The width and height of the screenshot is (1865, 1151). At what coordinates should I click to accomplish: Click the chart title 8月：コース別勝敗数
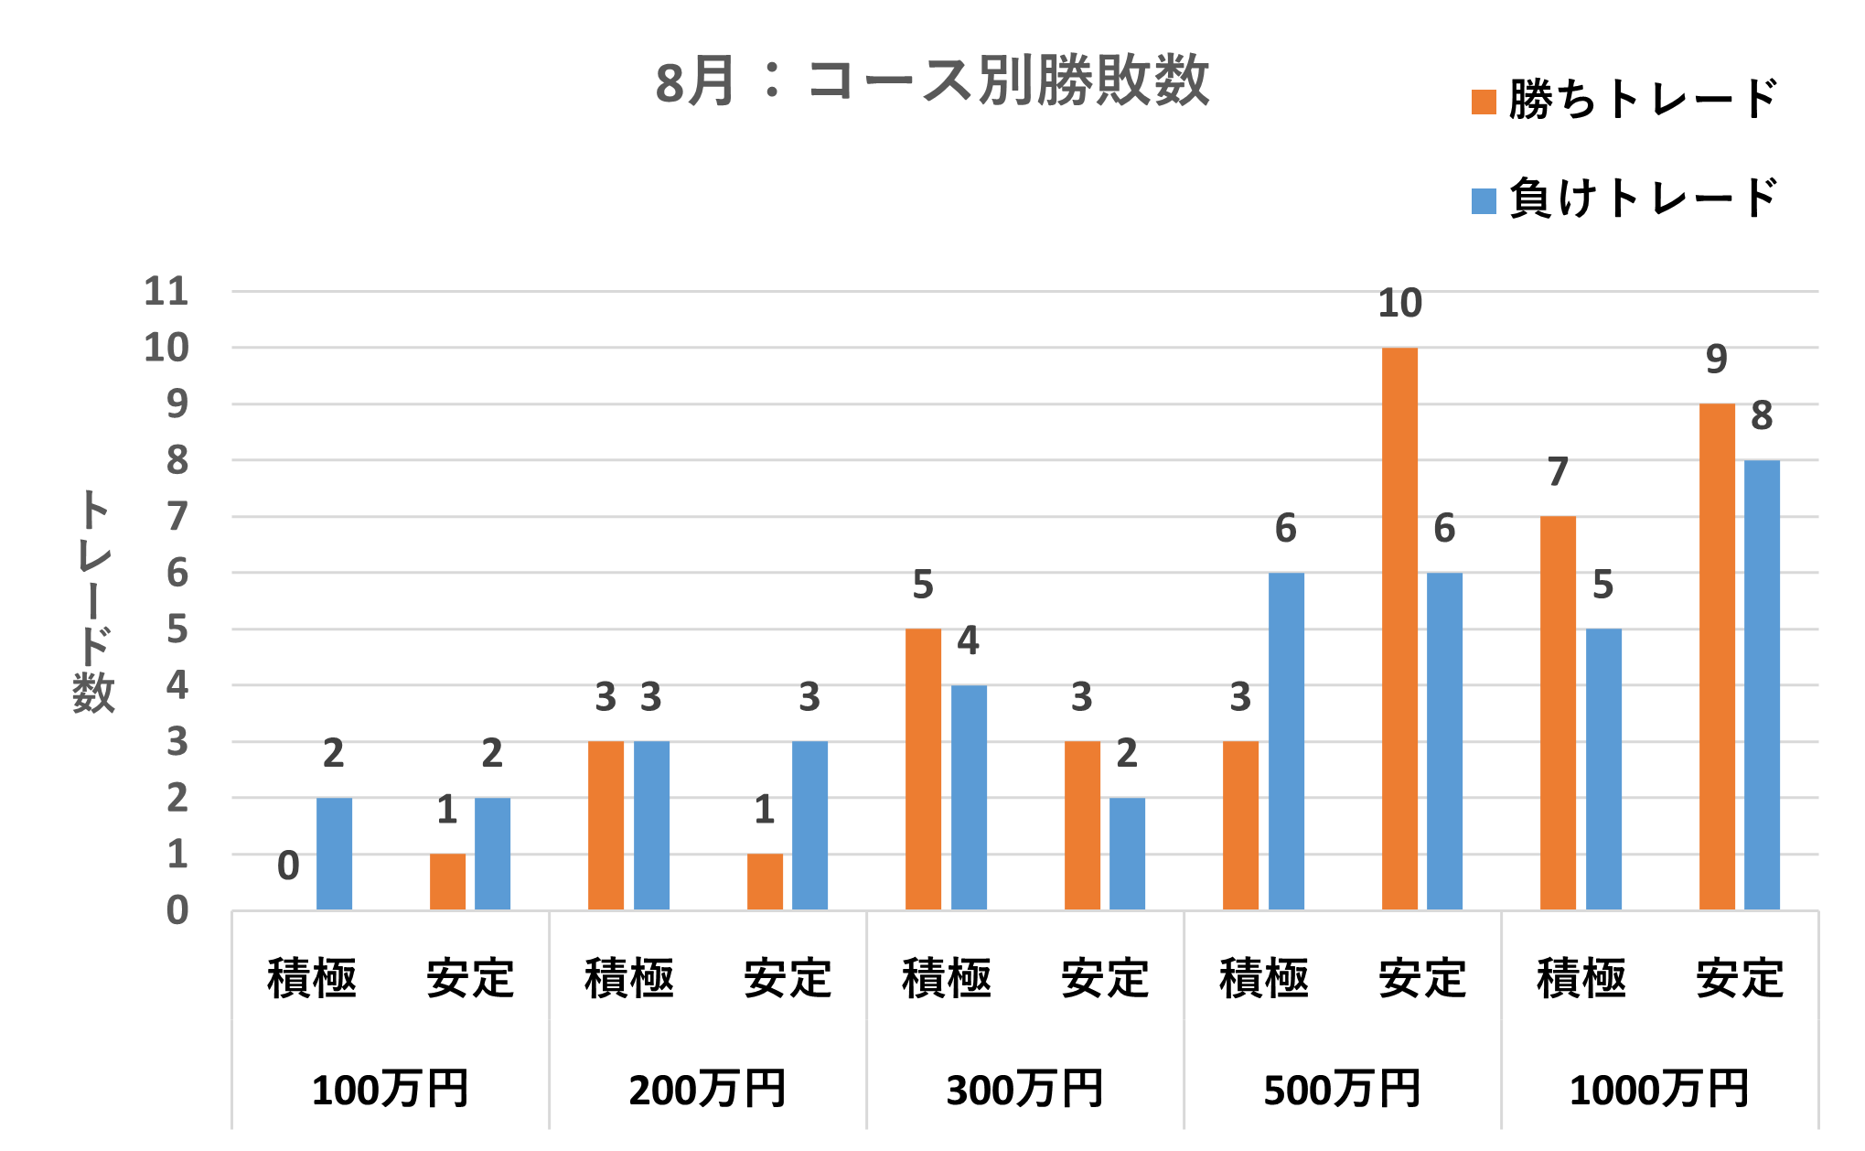[x=932, y=81]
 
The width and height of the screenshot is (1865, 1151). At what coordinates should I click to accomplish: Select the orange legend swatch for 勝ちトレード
[x=1483, y=102]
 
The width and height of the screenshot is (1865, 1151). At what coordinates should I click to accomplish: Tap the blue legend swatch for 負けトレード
[x=1483, y=201]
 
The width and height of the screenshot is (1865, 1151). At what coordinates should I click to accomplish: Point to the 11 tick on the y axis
[x=166, y=292]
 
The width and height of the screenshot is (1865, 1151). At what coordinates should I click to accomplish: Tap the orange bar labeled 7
[x=1558, y=713]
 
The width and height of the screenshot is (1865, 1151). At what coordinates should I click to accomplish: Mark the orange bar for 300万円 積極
[x=923, y=769]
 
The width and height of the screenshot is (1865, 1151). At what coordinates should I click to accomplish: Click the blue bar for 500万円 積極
[x=1286, y=741]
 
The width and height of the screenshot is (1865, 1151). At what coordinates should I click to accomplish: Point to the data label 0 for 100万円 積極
[x=288, y=866]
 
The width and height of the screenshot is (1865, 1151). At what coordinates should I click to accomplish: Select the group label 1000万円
[x=1659, y=1090]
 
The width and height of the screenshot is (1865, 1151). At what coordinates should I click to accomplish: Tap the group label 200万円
[x=707, y=1090]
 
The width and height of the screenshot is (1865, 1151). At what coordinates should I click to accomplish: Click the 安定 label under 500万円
[x=1422, y=978]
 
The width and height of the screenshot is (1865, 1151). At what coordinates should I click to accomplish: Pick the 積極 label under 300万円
[x=947, y=978]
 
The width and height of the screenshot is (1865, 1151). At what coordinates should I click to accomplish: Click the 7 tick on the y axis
[x=177, y=517]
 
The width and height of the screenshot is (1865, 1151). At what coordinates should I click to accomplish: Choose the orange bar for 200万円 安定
[x=765, y=882]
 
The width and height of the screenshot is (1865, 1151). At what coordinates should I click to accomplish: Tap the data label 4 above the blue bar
[x=968, y=640]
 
